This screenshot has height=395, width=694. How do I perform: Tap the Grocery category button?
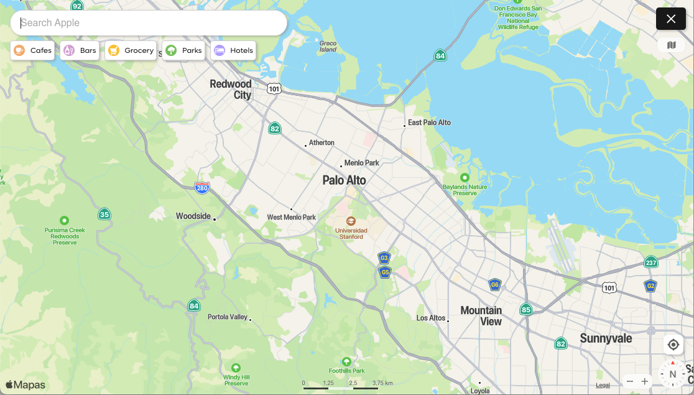pos(131,50)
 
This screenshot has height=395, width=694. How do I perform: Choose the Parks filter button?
pos(183,50)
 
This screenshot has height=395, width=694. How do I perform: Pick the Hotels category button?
pos(233,50)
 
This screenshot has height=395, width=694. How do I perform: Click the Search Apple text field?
pos(149,23)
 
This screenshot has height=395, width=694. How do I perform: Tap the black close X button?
pos(671,19)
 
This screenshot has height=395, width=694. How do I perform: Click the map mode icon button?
pos(671,45)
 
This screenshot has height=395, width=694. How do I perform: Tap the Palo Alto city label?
pos(344,180)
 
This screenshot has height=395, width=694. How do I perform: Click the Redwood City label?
pos(231,89)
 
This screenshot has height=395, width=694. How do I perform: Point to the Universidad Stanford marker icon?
pos(351,221)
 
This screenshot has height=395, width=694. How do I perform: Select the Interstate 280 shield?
pos(201,188)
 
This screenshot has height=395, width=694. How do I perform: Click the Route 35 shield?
pos(104,215)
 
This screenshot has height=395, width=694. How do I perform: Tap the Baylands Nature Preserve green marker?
pos(464,178)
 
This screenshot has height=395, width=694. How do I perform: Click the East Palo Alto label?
pos(429,123)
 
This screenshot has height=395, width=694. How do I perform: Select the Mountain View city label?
pos(481,315)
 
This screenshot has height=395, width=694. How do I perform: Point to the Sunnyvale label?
pos(606,338)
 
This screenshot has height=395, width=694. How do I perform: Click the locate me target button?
pos(673,345)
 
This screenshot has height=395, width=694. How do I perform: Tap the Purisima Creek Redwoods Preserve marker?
pos(64,220)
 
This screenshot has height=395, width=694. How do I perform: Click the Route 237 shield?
pos(650,262)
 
